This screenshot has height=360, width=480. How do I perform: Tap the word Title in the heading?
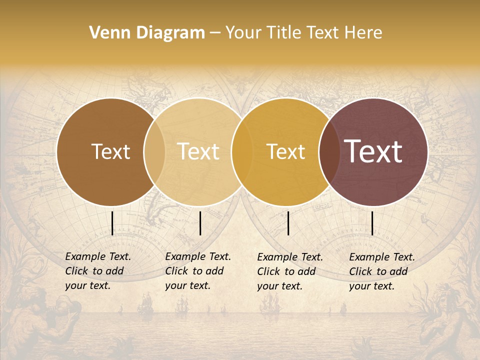click(x=284, y=33)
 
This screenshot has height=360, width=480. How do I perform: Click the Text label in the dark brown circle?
click(x=110, y=151)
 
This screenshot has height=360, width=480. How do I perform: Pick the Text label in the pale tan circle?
click(x=198, y=151)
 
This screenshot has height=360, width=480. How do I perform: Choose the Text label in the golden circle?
click(x=286, y=151)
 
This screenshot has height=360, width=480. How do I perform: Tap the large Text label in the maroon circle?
click(x=373, y=151)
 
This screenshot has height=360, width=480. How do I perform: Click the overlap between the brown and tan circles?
click(x=154, y=151)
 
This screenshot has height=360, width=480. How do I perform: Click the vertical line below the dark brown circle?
click(x=112, y=223)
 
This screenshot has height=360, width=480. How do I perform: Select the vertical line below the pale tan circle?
click(x=200, y=223)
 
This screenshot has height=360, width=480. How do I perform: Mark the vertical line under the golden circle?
click(x=288, y=223)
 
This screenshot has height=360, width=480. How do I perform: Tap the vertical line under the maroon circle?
click(x=372, y=223)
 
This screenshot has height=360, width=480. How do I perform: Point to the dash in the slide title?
click(x=215, y=33)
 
